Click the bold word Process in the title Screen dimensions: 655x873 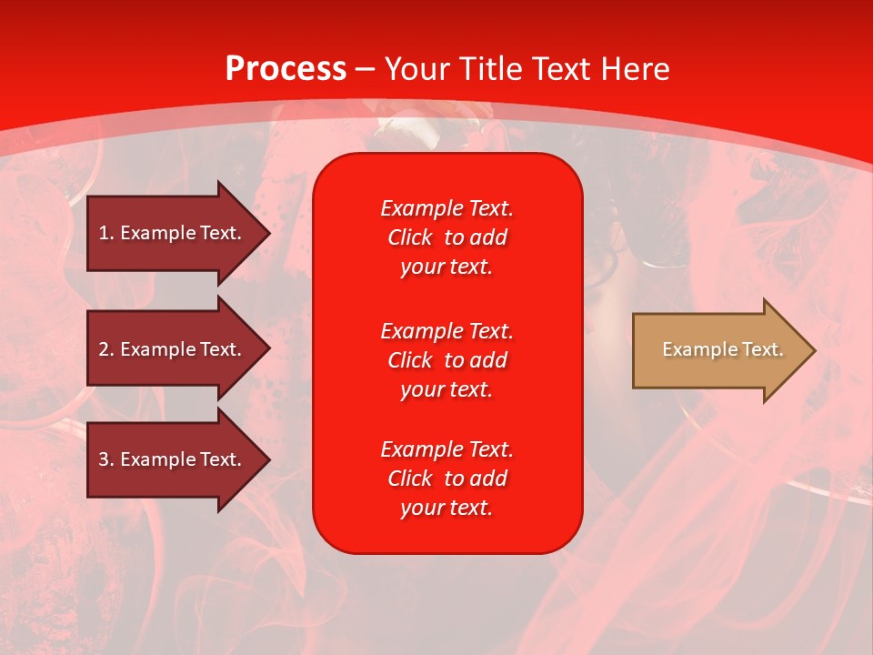point(286,69)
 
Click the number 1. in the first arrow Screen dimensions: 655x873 point(106,234)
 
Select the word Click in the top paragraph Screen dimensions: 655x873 point(410,238)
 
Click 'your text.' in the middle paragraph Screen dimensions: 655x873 point(447,389)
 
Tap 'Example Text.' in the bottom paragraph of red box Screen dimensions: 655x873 point(447,449)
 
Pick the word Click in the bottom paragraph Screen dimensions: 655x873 point(410,479)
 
